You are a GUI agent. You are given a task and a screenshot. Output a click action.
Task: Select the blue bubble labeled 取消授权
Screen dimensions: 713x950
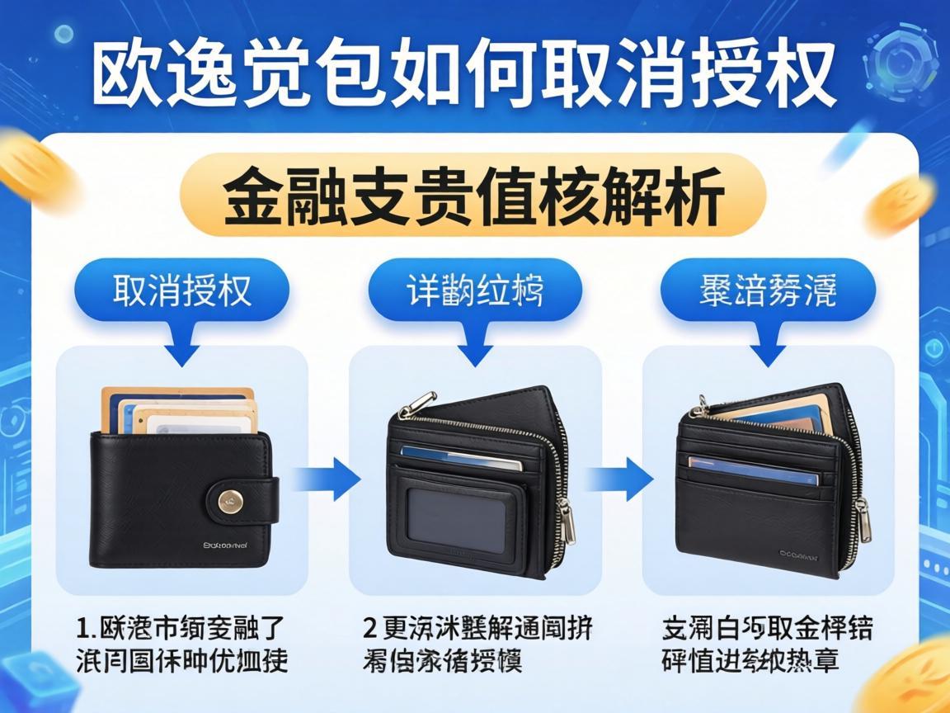[x=182, y=290]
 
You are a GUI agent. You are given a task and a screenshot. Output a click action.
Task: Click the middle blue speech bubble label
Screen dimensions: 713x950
[x=475, y=290]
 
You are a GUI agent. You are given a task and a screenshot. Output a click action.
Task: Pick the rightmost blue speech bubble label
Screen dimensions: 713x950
[x=768, y=290]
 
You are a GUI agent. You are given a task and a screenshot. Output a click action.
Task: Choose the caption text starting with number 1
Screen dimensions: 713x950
[x=181, y=644]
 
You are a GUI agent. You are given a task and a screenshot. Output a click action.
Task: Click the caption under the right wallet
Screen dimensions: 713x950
[x=767, y=644]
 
